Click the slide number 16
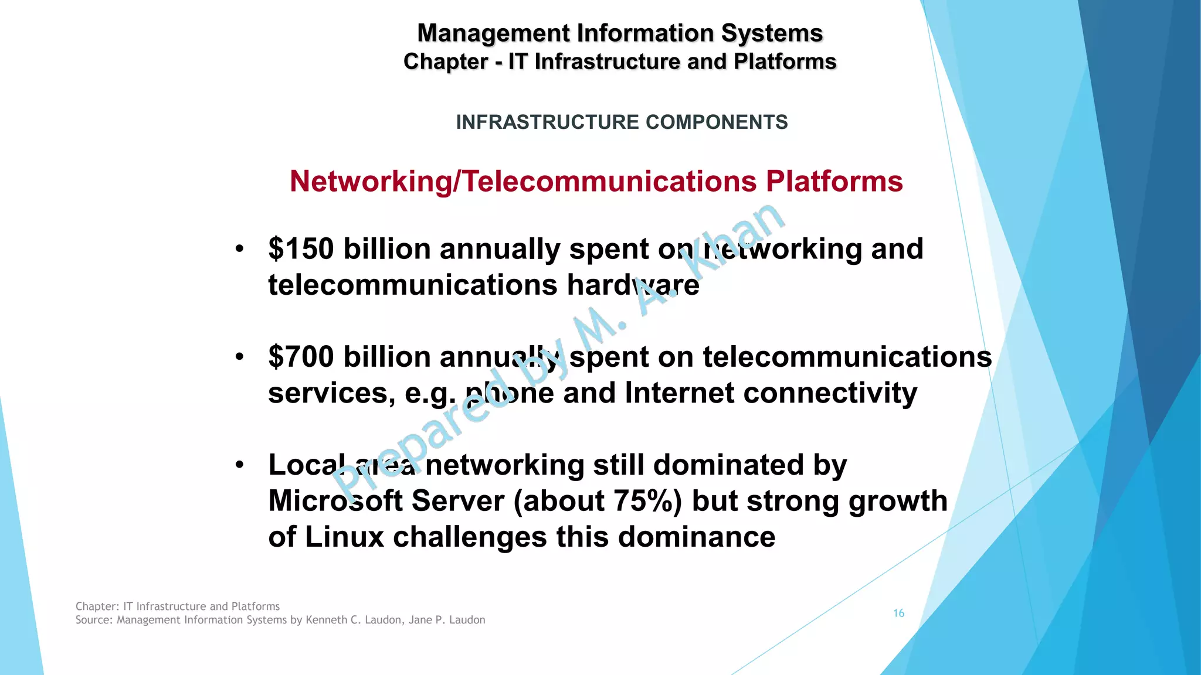898,613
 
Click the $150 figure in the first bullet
301,249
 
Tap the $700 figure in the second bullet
301,357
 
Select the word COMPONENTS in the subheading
717,122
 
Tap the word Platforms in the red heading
834,181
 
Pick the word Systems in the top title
772,33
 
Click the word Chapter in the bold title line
446,62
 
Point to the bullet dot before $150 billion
239,249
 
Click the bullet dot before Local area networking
239,465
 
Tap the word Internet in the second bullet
679,393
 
